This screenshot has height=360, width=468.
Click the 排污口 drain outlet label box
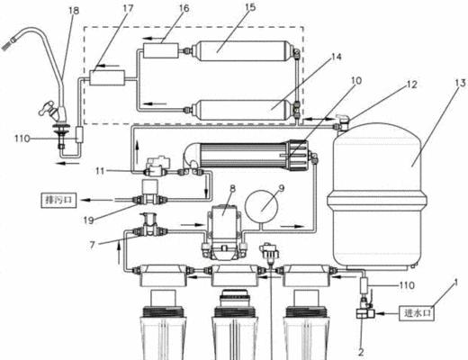tap(58, 201)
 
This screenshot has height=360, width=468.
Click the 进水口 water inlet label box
tap(417, 313)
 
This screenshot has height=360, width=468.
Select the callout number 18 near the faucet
tap(74, 11)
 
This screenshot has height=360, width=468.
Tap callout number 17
tap(128, 8)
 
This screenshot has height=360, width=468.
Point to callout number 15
tap(250, 6)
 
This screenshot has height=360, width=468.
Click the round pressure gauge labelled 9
tap(262, 206)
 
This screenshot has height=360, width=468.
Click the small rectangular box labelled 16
tap(161, 50)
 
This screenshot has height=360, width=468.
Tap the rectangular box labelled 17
tap(107, 77)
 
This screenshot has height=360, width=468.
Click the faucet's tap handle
tap(48, 109)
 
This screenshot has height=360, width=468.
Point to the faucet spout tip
tap(7, 44)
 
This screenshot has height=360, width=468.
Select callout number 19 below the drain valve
tap(89, 220)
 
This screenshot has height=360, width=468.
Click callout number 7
tap(92, 245)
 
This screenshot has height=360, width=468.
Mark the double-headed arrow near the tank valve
tap(318, 120)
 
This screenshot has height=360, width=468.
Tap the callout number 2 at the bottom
tap(361, 352)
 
